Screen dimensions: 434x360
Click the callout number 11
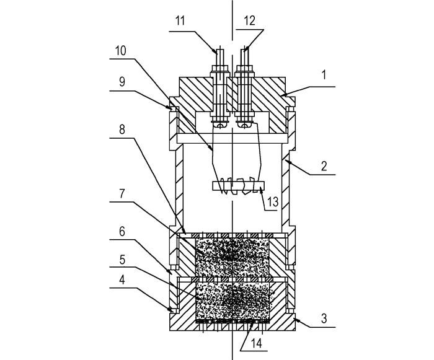[180, 21]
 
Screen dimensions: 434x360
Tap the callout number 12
[250, 21]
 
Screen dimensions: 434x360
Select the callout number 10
[121, 51]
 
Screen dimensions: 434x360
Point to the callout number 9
[122, 82]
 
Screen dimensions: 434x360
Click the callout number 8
[122, 130]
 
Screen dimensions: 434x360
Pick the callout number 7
[122, 194]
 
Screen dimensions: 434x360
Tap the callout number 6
[122, 231]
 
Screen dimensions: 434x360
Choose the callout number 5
[122, 260]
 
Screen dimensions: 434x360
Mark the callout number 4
[122, 280]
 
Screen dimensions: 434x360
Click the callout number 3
[324, 318]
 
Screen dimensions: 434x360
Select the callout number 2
[324, 166]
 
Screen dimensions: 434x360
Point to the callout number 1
[324, 75]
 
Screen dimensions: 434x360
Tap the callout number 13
[273, 202]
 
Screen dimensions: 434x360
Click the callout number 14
[257, 343]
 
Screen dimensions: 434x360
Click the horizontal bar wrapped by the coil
[239, 186]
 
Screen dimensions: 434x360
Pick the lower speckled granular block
[232, 301]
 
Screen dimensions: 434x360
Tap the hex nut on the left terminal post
[219, 68]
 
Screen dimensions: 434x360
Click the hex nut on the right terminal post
[245, 68]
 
